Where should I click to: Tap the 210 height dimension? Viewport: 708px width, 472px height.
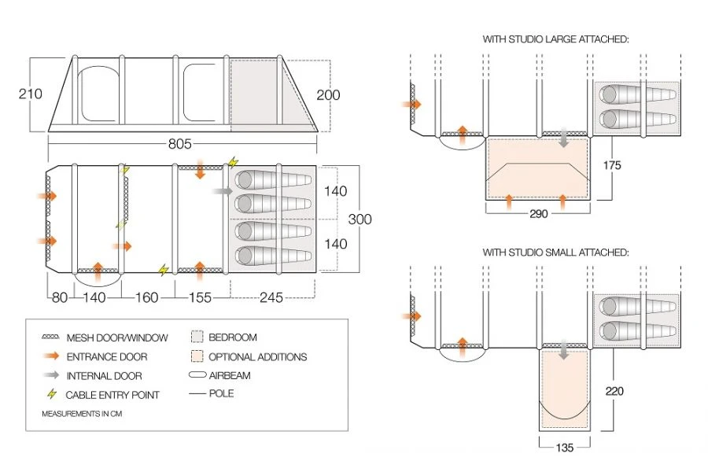(x=29, y=94)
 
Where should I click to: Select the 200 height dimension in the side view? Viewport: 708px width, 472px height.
(x=328, y=95)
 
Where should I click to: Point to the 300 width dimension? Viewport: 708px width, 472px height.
(x=360, y=219)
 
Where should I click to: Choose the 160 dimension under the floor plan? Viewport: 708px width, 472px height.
(x=147, y=297)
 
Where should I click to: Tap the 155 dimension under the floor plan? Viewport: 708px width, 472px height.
(x=200, y=297)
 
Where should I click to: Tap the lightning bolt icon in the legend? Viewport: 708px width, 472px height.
(x=53, y=394)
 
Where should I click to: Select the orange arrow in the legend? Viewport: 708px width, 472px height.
(x=53, y=356)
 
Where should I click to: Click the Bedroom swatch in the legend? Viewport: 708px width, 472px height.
(x=197, y=337)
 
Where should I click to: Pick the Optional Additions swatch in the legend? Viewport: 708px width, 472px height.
(x=197, y=356)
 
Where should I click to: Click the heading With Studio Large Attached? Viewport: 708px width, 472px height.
(x=555, y=38)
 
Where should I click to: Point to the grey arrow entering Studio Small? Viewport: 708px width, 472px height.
(x=564, y=353)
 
